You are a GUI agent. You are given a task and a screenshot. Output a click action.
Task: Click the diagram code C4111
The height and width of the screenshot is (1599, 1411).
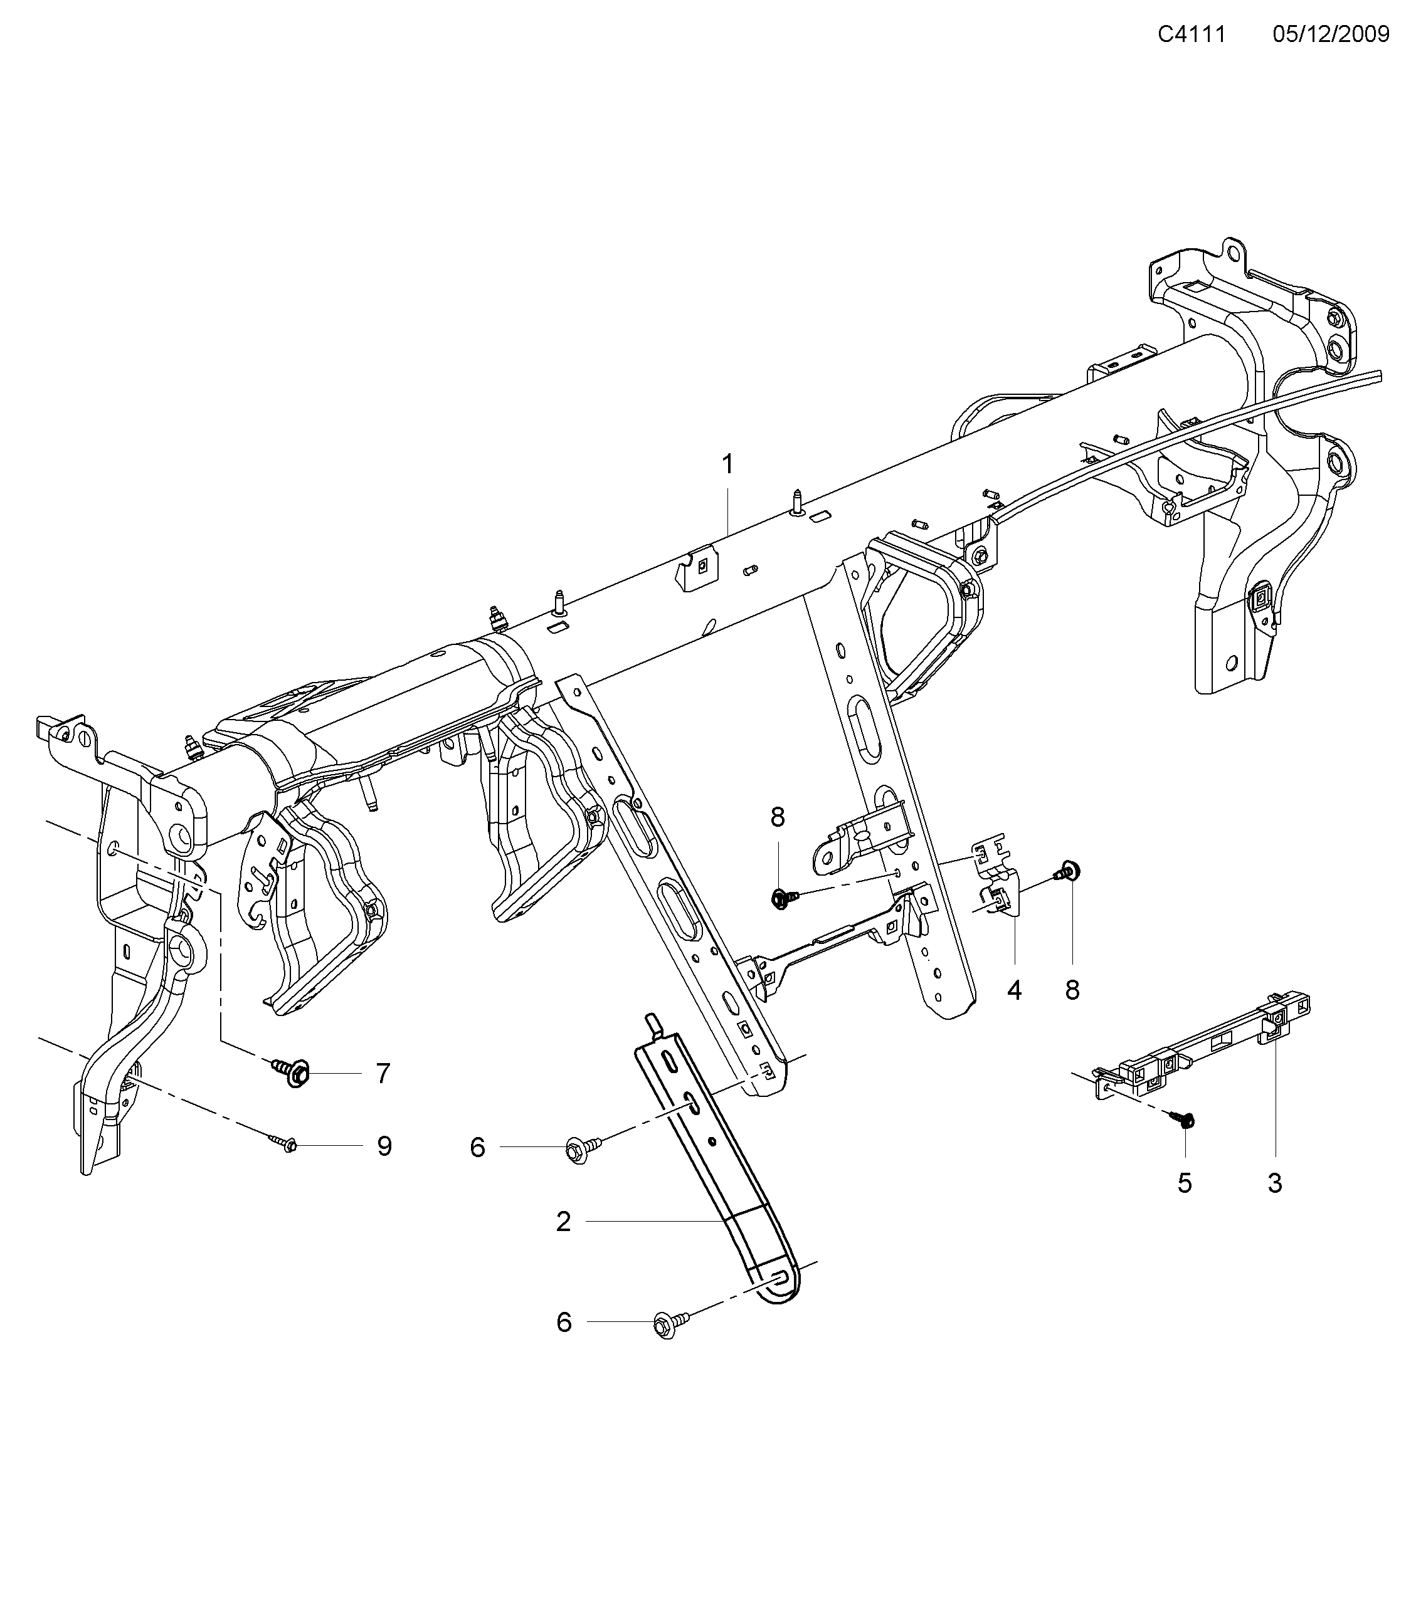click(x=1191, y=34)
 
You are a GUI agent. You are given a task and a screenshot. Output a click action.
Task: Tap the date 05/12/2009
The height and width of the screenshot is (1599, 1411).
click(x=1330, y=34)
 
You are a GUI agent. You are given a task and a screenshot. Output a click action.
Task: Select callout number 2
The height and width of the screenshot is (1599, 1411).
click(x=564, y=1221)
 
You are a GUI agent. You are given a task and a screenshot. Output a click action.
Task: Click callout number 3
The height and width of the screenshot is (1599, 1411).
click(x=1275, y=1183)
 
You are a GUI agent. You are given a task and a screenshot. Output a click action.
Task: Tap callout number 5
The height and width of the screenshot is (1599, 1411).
click(x=1185, y=1183)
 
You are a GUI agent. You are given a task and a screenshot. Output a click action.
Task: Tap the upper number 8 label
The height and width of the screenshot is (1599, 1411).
click(x=777, y=817)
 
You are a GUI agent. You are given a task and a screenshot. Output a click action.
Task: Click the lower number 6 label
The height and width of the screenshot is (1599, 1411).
click(x=564, y=1322)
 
